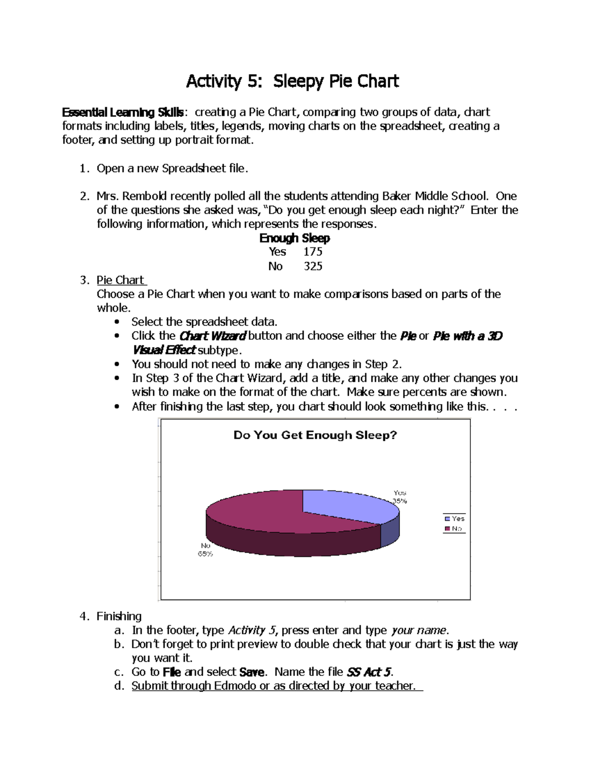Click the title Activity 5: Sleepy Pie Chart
coord(292,81)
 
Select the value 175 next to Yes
coord(313,252)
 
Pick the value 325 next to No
coord(313,267)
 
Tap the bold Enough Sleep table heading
coord(295,238)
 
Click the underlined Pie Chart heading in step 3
coord(120,280)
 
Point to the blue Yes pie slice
coord(345,504)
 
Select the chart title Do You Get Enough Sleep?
coord(315,435)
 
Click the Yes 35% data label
coord(400,497)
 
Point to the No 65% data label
coord(205,550)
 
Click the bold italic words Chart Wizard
coord(212,336)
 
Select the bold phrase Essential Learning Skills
coord(123,113)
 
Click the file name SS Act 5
coord(369,672)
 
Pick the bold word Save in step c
coord(252,672)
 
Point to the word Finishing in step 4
coord(119,616)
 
